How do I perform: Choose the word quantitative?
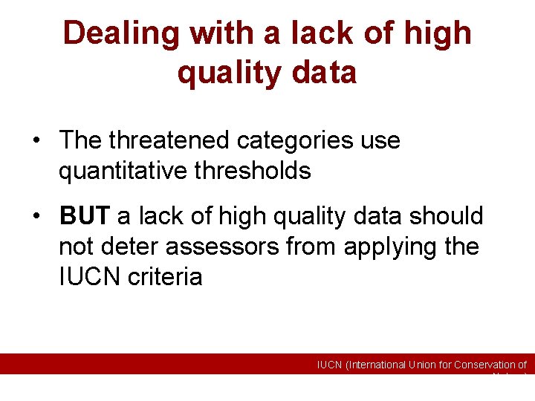coord(122,171)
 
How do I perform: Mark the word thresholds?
coord(252,171)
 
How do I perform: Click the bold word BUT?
coord(85,216)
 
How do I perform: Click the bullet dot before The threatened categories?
coord(35,140)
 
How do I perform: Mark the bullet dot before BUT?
coord(35,217)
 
